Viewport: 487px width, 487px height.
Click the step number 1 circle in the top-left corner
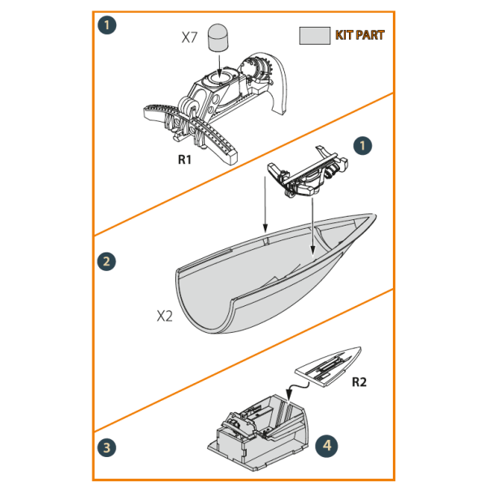[x=106, y=24]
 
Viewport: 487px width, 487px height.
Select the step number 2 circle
[x=106, y=261]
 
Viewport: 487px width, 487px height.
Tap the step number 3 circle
[x=106, y=448]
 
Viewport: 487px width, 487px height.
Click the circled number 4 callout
[x=325, y=446]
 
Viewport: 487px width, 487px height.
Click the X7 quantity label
[x=190, y=37]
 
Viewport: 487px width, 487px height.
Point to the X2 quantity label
[x=165, y=316]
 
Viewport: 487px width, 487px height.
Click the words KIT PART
[x=360, y=35]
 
